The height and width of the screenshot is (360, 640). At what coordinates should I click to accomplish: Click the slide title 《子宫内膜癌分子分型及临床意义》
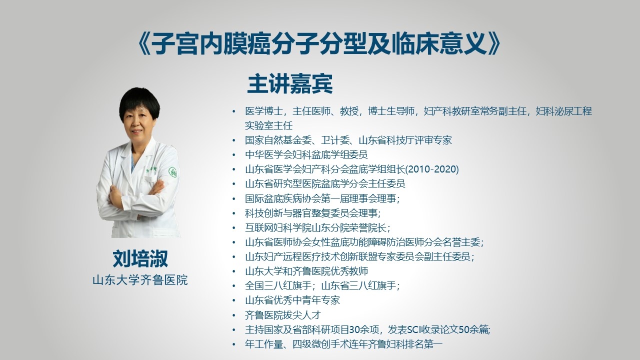(x=319, y=44)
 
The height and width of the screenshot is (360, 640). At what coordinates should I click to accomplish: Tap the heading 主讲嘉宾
(x=290, y=84)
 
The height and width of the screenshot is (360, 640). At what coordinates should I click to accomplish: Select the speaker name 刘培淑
(x=140, y=258)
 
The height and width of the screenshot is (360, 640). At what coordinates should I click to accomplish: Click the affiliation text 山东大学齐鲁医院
(x=140, y=280)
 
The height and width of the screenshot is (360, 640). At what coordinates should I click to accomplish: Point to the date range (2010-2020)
(x=432, y=169)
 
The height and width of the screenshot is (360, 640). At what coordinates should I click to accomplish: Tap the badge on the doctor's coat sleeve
(x=172, y=171)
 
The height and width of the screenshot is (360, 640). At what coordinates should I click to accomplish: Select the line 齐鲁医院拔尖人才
(x=283, y=315)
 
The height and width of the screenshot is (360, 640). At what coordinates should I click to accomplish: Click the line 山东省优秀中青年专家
(x=292, y=300)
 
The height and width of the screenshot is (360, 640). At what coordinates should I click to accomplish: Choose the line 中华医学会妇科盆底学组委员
(x=306, y=154)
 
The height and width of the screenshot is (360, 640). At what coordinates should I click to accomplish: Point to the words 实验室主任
(x=268, y=125)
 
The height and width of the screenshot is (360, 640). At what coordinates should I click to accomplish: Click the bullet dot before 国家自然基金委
(x=234, y=140)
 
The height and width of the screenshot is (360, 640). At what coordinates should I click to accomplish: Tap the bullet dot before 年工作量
(x=234, y=344)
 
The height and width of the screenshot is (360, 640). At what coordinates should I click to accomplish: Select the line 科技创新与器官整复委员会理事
(x=312, y=213)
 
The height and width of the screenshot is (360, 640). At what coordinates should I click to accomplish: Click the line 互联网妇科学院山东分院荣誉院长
(x=317, y=227)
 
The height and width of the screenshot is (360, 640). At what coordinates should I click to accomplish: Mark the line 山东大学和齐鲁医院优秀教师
(x=306, y=271)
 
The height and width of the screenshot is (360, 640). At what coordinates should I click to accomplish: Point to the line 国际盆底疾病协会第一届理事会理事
(x=322, y=198)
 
